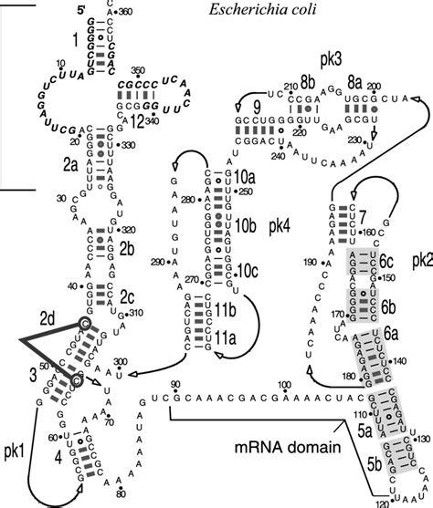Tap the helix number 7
361,217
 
